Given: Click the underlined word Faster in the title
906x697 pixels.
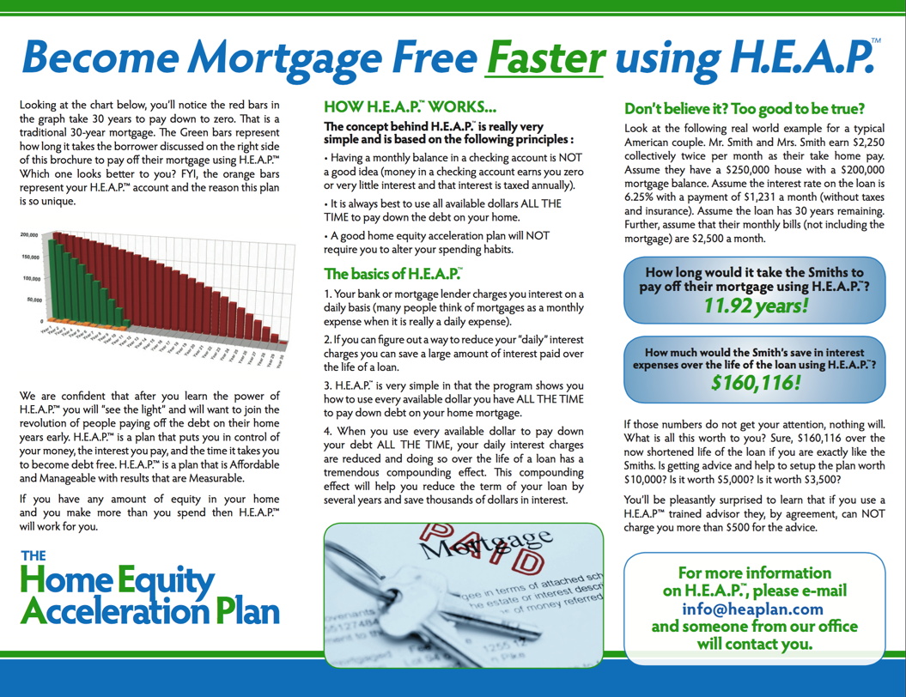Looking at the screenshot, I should pos(544,58).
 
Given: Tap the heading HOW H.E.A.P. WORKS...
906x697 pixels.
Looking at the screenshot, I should pos(409,108).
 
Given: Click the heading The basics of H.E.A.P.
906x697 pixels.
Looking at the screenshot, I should pos(391,274).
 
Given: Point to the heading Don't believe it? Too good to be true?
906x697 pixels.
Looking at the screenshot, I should pos(744,109).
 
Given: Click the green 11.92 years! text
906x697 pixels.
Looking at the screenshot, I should pos(756,305).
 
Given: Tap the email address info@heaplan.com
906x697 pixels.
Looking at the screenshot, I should pos(753,609).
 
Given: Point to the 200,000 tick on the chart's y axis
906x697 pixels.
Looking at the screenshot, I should pos(30,234).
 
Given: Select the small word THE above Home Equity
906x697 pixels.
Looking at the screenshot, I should pos(33,556).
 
